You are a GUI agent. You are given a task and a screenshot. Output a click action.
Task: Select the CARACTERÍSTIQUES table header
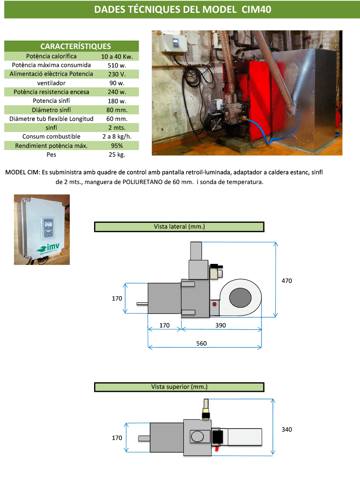75,46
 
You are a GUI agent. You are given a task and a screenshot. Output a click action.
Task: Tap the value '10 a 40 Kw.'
117,56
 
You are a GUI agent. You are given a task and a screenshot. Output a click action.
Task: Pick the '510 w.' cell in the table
117,65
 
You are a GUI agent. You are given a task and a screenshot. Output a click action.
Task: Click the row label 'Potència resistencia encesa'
51,92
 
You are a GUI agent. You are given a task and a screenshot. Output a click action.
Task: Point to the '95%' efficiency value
117,146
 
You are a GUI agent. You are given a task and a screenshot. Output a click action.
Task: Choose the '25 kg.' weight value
117,155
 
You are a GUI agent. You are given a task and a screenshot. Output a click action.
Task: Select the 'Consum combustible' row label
51,136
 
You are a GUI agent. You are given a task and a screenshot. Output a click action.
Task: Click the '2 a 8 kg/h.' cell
117,136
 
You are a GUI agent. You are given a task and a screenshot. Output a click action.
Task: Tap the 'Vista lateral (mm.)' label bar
179,227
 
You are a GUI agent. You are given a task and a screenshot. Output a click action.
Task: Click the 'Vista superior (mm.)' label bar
179,387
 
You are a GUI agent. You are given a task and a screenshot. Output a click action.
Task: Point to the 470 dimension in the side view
287,281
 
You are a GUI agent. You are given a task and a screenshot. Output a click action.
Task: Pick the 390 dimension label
221,326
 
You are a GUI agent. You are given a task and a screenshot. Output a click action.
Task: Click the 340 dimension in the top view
287,429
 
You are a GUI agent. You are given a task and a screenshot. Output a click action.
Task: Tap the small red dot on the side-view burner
215,304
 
